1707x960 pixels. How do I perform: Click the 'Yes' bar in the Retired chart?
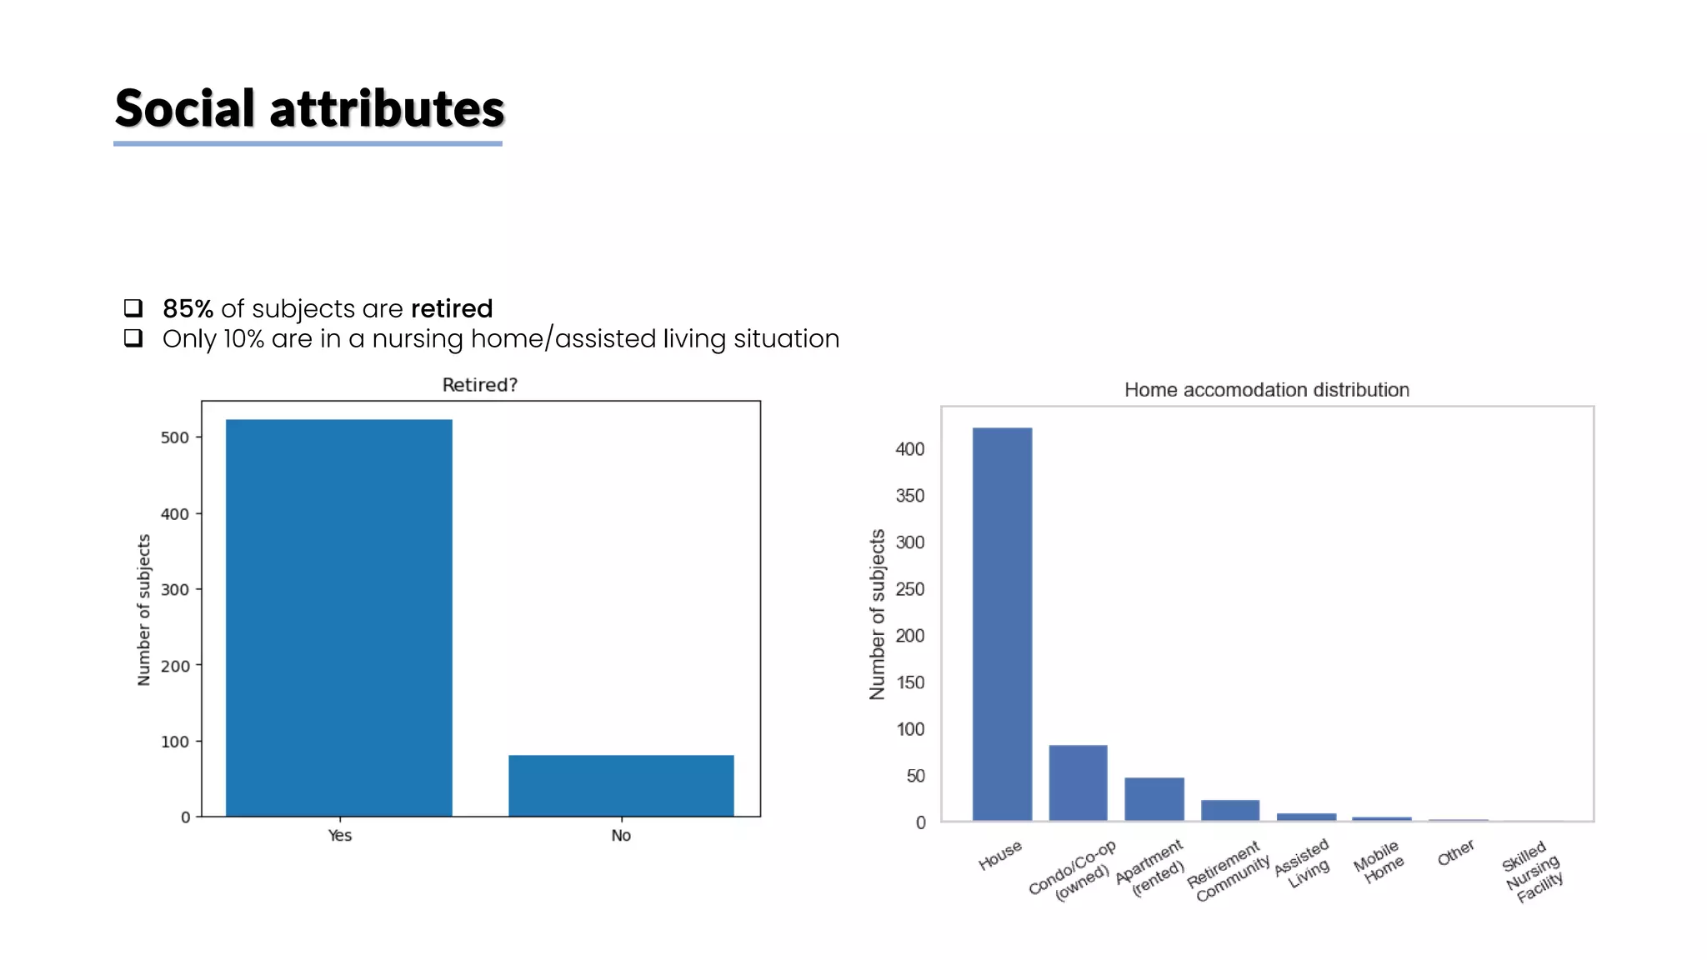338,617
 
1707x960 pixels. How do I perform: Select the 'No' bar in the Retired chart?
621,785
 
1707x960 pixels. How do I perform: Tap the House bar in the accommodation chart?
1002,624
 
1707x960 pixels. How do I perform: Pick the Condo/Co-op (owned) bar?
1078,782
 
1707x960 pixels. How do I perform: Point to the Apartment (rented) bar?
1154,799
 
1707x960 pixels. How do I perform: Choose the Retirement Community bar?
1229,810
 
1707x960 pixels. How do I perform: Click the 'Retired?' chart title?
479,385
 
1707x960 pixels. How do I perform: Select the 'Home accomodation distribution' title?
1266,390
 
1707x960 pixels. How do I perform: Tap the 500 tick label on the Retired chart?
175,437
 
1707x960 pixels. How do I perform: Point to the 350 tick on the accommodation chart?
909,496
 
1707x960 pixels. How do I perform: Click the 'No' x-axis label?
621,836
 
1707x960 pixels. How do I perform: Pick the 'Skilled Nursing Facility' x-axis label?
1532,873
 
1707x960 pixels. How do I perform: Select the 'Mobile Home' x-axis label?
1379,862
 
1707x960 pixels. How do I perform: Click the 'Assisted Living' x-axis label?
1304,863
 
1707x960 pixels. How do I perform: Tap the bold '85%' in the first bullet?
188,309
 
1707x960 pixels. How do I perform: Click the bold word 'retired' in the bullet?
452,309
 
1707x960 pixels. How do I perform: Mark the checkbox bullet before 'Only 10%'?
133,338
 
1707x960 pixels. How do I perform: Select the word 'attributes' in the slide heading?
387,109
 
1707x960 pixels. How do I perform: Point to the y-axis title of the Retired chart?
144,610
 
